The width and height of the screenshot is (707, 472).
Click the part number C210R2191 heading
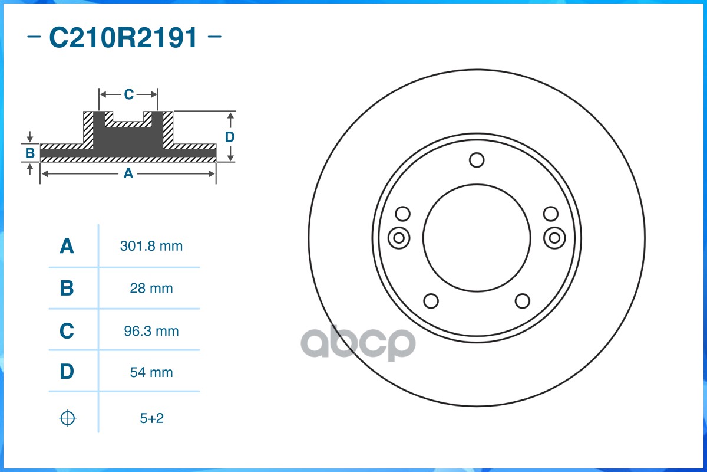(x=124, y=38)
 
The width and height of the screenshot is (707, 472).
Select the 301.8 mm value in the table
(x=151, y=246)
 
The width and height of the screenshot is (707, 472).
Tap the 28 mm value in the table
(x=151, y=289)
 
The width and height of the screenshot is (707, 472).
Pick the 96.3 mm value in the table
(x=151, y=331)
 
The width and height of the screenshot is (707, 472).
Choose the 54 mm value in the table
(x=151, y=372)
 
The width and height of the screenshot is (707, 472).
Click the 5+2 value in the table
(x=151, y=418)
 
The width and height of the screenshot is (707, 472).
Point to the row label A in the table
(x=67, y=246)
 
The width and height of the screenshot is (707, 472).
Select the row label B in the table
(x=67, y=289)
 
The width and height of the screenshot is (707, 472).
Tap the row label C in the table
(x=67, y=331)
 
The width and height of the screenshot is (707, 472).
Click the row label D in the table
(x=67, y=372)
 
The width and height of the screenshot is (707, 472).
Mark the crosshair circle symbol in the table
(x=68, y=418)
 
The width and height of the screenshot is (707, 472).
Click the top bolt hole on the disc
(x=477, y=160)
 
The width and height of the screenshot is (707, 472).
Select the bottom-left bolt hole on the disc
(x=431, y=301)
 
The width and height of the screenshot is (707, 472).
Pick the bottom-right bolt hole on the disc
(x=522, y=301)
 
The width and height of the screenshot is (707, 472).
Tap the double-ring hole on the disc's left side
(x=399, y=238)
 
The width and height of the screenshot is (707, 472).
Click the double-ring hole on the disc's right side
(x=554, y=238)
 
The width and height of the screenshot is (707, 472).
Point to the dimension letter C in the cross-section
(x=128, y=94)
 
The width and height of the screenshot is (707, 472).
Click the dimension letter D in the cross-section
(x=230, y=137)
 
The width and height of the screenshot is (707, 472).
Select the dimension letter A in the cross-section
(x=128, y=173)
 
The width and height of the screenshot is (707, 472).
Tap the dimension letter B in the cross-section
(x=29, y=153)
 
